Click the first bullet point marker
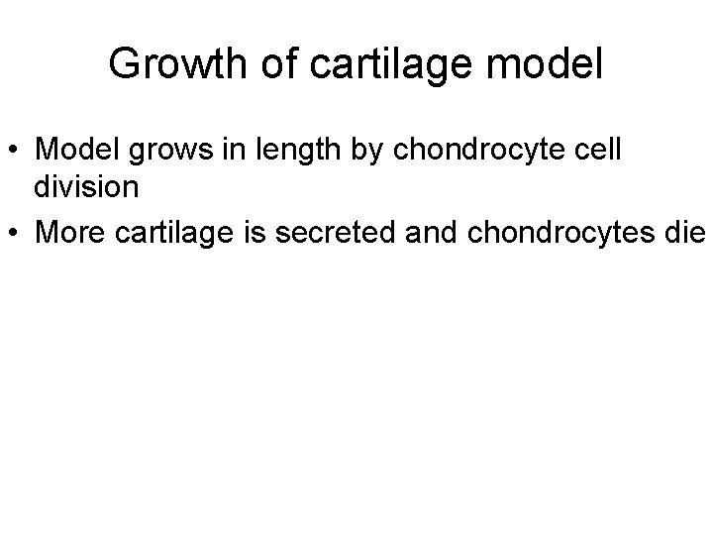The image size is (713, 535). pos(17,150)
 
